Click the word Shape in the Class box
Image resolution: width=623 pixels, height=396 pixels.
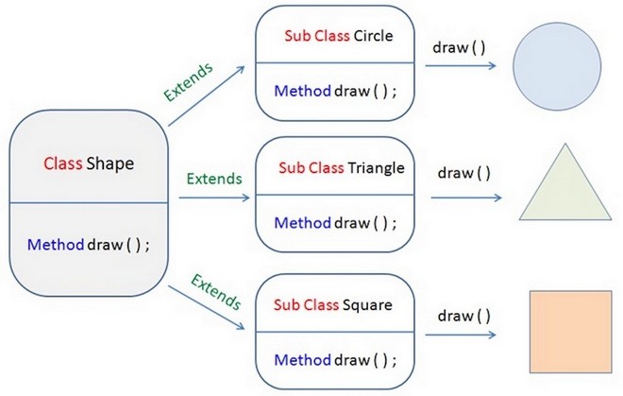click(110, 164)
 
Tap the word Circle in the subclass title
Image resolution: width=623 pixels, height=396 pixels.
click(373, 36)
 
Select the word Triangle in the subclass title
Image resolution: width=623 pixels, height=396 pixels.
click(376, 168)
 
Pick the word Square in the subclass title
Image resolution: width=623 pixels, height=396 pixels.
click(367, 305)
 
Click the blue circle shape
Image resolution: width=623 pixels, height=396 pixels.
click(557, 66)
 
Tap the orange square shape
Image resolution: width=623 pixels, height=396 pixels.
click(570, 332)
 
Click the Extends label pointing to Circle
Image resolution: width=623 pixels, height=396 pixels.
click(189, 82)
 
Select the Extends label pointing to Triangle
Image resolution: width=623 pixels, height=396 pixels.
click(214, 179)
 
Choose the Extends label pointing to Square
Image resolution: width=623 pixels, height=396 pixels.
click(216, 292)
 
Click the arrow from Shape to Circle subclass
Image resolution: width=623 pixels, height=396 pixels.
click(207, 95)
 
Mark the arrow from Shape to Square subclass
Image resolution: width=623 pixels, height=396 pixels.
click(206, 307)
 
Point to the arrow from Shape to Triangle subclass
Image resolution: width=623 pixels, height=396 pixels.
click(214, 198)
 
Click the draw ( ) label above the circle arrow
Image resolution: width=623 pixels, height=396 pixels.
click(459, 48)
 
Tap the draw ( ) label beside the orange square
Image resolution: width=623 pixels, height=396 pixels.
click(464, 316)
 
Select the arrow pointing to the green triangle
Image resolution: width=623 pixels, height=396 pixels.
click(466, 198)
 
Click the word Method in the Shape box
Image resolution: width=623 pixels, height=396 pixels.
click(56, 245)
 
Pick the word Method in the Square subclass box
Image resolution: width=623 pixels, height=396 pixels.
click(302, 360)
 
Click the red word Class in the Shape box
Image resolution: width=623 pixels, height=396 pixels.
click(63, 164)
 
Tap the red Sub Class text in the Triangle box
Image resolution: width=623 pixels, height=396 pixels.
click(311, 168)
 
